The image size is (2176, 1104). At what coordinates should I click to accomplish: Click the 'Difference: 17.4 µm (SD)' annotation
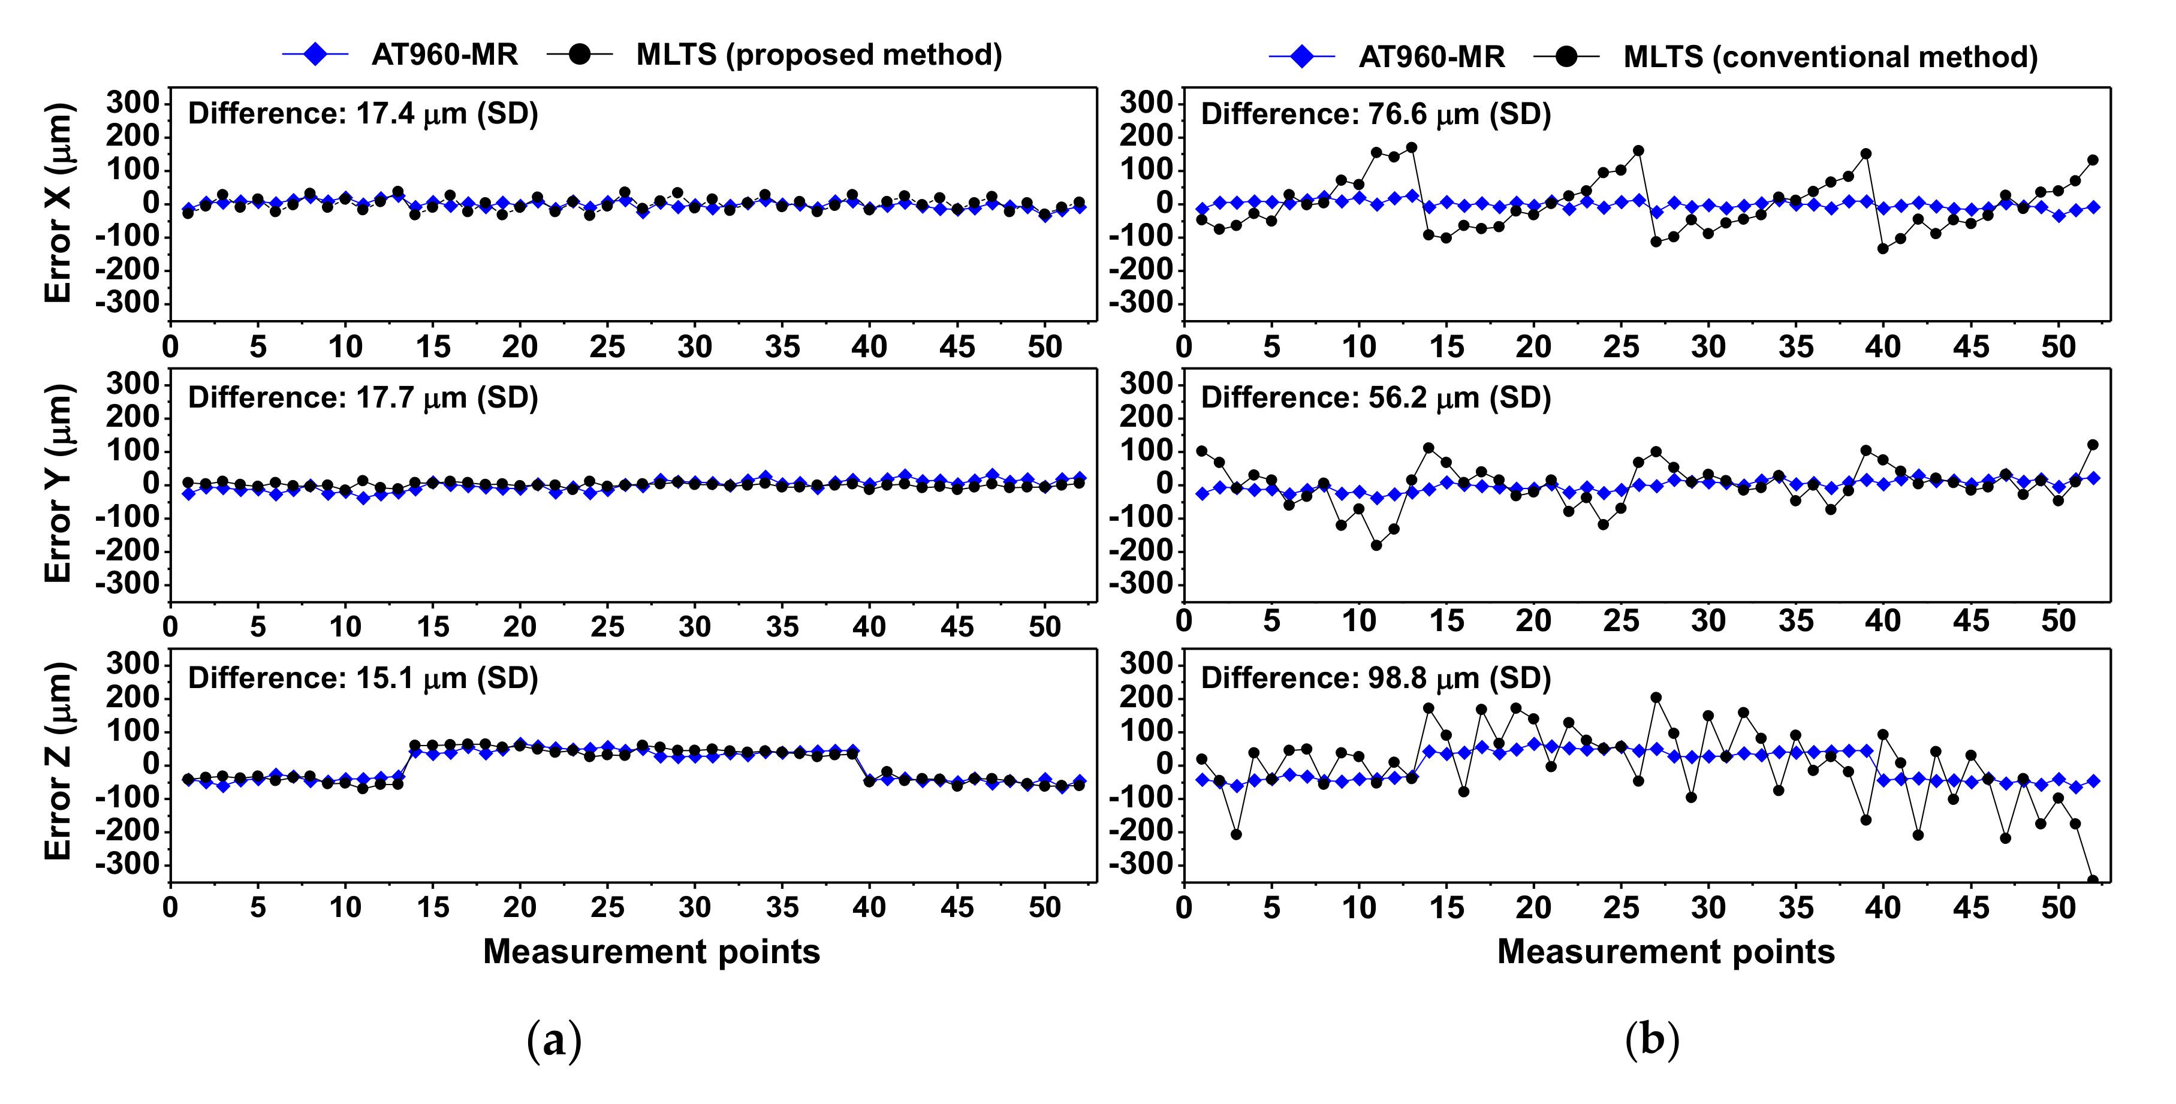[363, 113]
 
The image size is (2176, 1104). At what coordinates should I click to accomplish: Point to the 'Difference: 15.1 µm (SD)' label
[363, 678]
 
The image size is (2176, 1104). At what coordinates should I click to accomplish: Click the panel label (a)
[553, 1040]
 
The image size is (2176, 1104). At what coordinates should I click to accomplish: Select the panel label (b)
[1651, 1040]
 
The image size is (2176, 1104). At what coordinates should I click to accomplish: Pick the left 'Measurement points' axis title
[651, 952]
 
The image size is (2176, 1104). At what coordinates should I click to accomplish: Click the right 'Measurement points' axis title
[1666, 952]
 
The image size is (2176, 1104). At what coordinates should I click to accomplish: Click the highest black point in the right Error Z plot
[1656, 698]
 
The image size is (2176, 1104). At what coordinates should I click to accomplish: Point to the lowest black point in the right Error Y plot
[1376, 545]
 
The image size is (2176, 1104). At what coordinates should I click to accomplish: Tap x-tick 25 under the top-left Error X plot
[607, 347]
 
